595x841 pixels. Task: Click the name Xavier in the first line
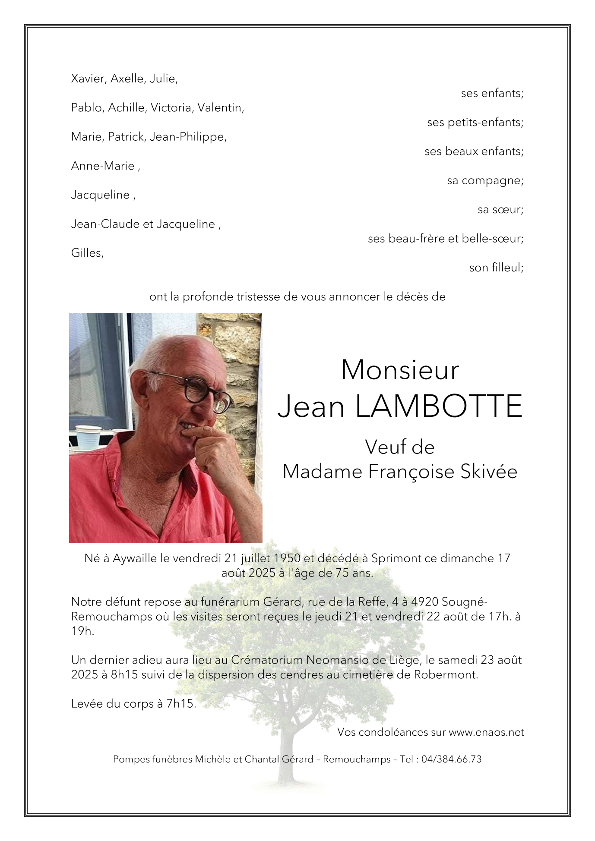pos(88,79)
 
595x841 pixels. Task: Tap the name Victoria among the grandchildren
pos(171,108)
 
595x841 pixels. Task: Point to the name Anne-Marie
pos(103,166)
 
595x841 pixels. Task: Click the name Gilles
pos(87,253)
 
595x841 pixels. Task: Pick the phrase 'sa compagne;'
pos(485,180)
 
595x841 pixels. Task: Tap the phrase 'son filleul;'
pos(496,268)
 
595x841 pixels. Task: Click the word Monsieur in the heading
pos(399,370)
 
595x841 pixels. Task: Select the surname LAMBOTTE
pos(439,406)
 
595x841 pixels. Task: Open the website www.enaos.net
pos(486,732)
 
